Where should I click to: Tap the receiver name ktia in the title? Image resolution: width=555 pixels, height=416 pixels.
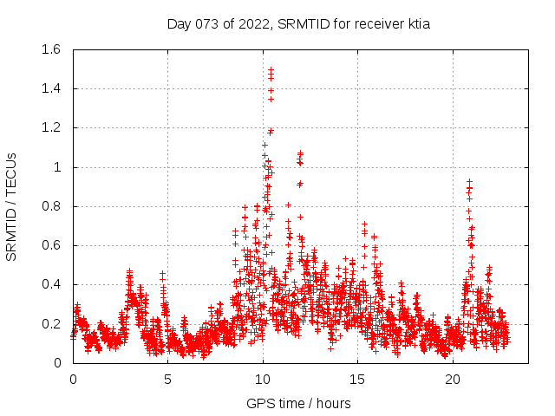[x=415, y=23]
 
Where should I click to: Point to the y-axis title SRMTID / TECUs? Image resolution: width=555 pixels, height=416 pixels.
[x=12, y=206]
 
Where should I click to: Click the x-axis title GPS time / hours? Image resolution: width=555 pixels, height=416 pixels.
[x=298, y=403]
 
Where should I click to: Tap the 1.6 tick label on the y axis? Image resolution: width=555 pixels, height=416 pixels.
[x=49, y=49]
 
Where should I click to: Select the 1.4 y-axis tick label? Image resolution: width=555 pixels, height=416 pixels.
[x=49, y=88]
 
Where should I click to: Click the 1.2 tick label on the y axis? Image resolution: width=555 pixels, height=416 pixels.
[x=49, y=127]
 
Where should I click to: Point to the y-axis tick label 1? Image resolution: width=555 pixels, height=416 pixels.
[x=56, y=167]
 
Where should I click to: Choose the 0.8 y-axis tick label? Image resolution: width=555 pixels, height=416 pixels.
[x=49, y=206]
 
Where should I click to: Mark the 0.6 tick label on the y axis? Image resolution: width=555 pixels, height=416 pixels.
[x=49, y=245]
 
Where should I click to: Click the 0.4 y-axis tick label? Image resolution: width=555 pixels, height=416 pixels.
[x=49, y=284]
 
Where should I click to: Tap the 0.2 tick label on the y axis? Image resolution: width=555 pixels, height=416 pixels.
[x=49, y=323]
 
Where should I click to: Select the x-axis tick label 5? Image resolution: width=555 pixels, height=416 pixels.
[x=168, y=379]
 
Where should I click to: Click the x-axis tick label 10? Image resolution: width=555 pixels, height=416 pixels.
[x=264, y=379]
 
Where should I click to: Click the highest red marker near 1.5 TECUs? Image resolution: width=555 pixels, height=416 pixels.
[x=271, y=69]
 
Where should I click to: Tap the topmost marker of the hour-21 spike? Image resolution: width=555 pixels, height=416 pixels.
[x=469, y=181]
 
